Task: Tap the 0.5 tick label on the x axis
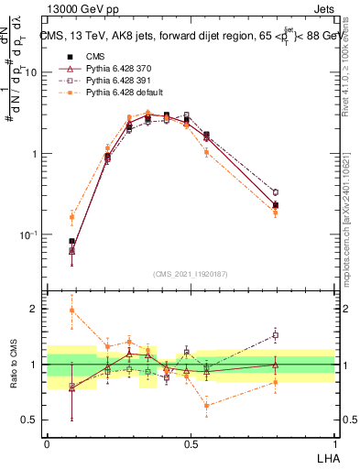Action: pos(191,443)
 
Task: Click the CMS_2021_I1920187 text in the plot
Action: pos(191,274)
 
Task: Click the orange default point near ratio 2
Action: pos(71,311)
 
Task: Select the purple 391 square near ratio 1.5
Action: pos(275,335)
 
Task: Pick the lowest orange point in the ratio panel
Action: pos(206,405)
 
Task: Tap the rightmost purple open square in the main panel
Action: pos(275,192)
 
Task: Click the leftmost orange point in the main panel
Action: pos(71,217)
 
